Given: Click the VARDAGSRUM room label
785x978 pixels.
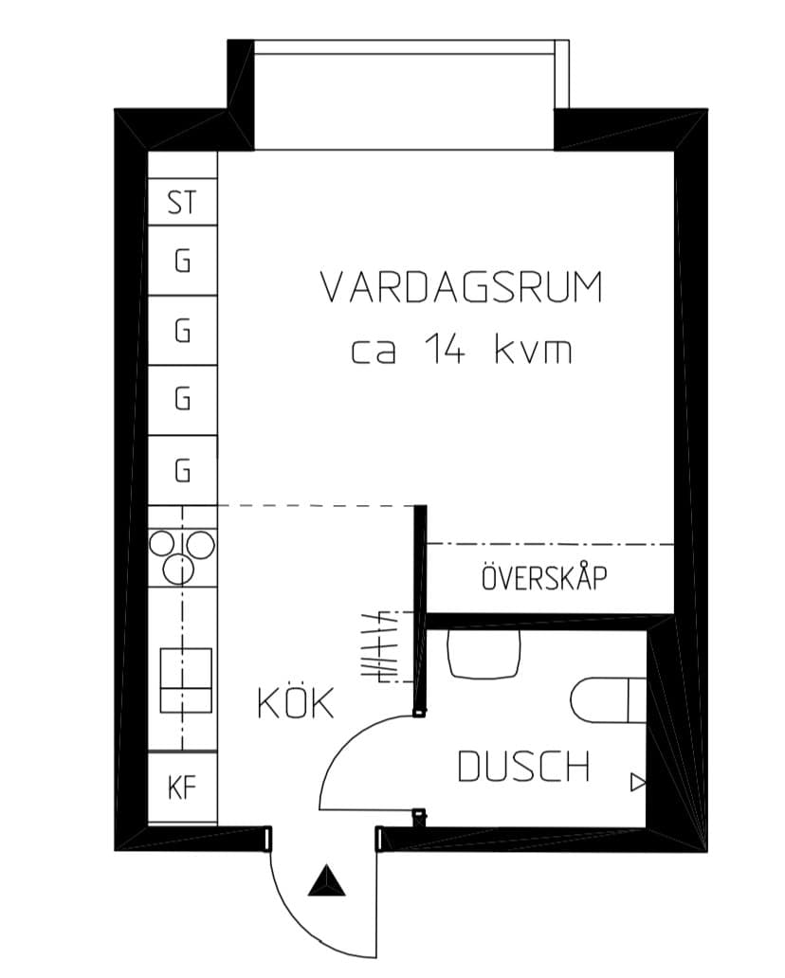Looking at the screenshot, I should pyautogui.click(x=462, y=288).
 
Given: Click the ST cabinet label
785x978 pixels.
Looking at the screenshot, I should pyautogui.click(x=182, y=203).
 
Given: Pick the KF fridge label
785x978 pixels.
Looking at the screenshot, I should pyautogui.click(x=182, y=788).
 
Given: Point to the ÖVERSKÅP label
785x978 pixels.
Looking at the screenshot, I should pyautogui.click(x=544, y=578).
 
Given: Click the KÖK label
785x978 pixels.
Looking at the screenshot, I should pyautogui.click(x=296, y=703).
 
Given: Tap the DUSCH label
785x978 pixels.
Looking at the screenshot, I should pyautogui.click(x=523, y=767).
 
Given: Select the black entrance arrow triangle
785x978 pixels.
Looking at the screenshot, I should pyautogui.click(x=328, y=882).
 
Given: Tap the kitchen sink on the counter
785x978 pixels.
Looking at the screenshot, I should pyautogui.click(x=185, y=679).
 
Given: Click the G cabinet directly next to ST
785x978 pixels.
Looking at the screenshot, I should pyautogui.click(x=182, y=261).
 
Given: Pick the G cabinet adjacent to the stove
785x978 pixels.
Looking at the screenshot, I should pyautogui.click(x=182, y=470).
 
